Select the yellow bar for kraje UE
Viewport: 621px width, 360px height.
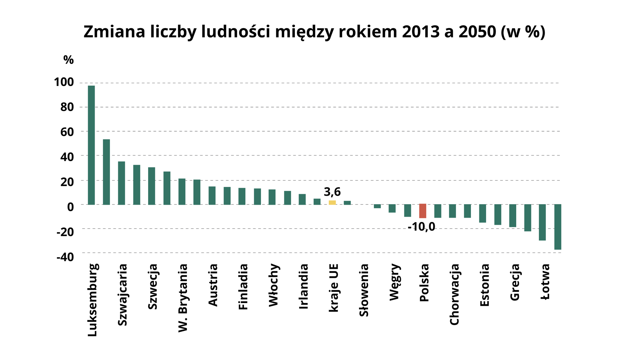332,202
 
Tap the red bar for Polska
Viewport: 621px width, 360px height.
422,211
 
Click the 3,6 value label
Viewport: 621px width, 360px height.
332,192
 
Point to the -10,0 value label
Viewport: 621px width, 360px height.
421,227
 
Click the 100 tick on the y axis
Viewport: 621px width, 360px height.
64,82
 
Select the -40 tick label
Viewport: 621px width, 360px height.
65,257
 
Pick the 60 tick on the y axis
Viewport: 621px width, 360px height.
67,132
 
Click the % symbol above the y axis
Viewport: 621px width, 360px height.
69,60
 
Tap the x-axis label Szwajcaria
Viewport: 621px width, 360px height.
123,295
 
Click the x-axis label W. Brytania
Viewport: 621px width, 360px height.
183,298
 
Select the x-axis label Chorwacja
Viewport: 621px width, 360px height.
454,294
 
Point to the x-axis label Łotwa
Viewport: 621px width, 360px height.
545,281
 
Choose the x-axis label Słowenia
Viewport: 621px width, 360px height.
364,290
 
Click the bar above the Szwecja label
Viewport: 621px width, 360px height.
152,186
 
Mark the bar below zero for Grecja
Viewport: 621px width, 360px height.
513,215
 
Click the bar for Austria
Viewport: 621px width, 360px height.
212,195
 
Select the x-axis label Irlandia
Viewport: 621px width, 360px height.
303,286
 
